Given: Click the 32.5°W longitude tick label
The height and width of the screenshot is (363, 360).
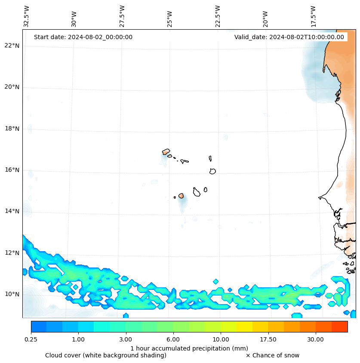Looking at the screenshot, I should pos(27,16).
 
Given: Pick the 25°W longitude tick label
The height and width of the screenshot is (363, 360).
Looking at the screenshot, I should pos(170,19).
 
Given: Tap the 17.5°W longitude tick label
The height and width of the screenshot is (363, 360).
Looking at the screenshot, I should pos(313,16).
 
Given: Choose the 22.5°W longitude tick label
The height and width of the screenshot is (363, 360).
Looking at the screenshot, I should pos(218,16).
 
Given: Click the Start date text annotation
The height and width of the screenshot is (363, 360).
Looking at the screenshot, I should pos(83,37).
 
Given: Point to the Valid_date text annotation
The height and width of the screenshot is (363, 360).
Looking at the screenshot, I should pos(289,37).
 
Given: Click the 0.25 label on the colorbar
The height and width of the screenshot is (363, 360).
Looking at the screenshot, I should pos(31,339).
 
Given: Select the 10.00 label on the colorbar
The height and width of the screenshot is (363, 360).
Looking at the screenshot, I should pos(221,339).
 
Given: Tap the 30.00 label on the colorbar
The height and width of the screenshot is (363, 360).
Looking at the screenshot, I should pos(316,339).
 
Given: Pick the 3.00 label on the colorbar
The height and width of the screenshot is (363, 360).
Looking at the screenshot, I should pos(126,339).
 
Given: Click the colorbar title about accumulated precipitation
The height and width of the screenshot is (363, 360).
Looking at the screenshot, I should pos(189,348).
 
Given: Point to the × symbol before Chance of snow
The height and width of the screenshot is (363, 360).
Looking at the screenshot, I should pos(248,355).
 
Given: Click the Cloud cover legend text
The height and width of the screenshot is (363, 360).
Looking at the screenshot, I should pos(106,355).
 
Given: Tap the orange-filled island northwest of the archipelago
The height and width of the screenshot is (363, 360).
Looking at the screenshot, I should pos(166,151).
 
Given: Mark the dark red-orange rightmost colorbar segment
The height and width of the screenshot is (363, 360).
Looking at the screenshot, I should pos(339,326).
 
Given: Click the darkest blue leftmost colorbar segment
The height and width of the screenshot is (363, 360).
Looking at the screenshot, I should pos(39,326).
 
